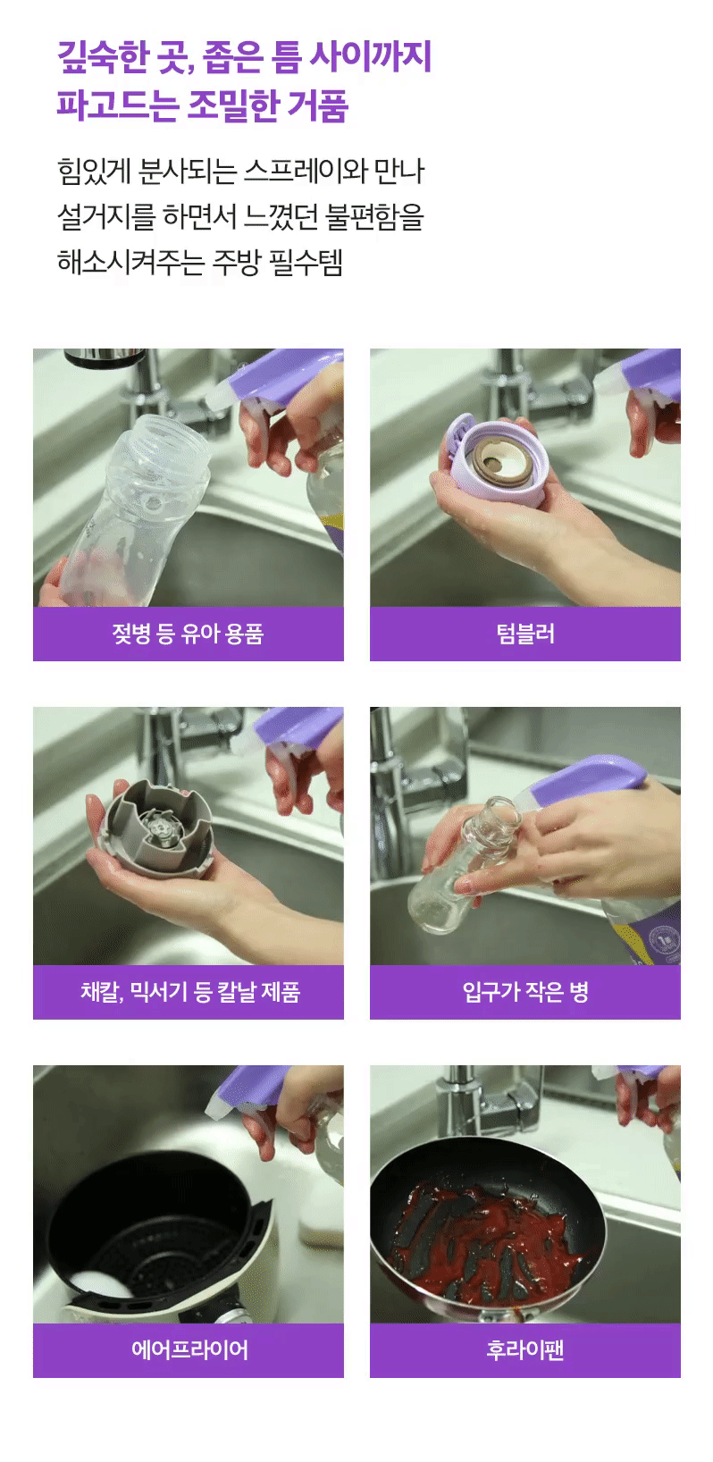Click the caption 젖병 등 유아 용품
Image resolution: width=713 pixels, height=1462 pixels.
[188, 634]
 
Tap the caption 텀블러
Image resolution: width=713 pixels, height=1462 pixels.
[525, 634]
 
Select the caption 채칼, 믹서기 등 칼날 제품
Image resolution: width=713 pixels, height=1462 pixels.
[189, 992]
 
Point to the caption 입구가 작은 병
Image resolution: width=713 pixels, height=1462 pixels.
[525, 992]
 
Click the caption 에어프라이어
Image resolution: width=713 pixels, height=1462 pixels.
[189, 1349]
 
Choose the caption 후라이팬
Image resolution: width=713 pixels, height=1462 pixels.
[525, 1349]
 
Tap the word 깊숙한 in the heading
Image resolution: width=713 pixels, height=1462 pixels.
[104, 57]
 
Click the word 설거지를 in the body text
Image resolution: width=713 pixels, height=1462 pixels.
[106, 216]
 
